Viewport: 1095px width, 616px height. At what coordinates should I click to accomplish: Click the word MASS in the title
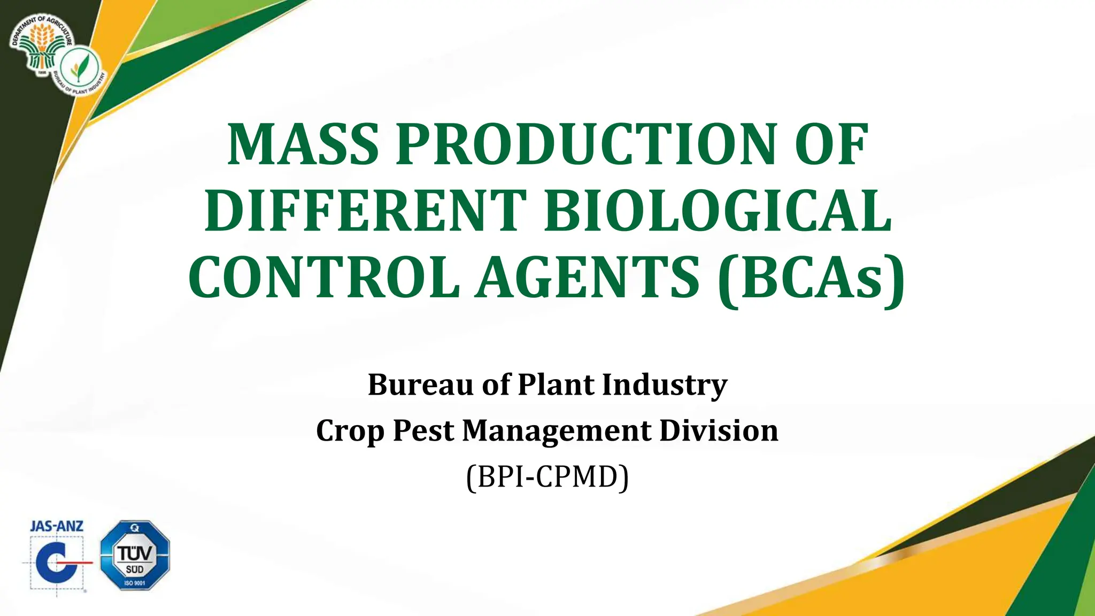[x=303, y=145]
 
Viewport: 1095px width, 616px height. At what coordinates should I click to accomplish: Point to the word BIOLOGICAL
[x=718, y=211]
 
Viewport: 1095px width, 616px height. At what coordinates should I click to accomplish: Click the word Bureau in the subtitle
[x=421, y=384]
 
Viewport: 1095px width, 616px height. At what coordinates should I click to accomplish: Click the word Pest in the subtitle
[x=423, y=430]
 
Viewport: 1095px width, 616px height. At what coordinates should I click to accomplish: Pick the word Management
[x=557, y=430]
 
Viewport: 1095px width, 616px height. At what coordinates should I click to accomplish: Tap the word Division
[x=719, y=430]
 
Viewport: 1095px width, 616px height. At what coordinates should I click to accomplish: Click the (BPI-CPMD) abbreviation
[x=547, y=476]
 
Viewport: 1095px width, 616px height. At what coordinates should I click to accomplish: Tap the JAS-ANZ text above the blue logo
[x=57, y=526]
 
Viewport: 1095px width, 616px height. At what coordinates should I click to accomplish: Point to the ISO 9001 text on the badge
[x=135, y=583]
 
